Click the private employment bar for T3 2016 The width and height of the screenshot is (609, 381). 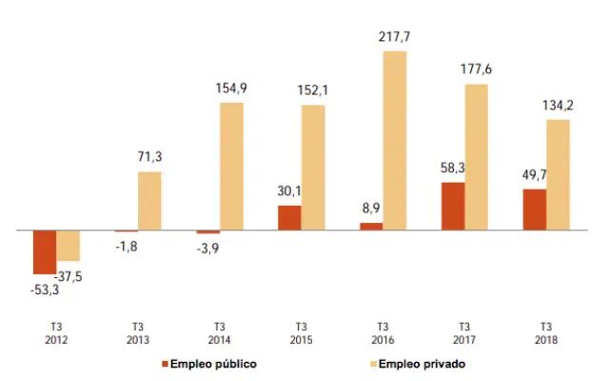point(395,140)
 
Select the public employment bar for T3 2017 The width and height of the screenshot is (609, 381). point(453,206)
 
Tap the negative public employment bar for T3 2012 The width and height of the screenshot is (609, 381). point(45,251)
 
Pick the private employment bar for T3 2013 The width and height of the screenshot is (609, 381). point(149,201)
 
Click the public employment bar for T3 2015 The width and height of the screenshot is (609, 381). point(289,217)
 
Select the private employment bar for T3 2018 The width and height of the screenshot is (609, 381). point(559,174)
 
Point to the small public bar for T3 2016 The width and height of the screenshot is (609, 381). point(371,226)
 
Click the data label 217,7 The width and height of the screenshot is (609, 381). point(394,38)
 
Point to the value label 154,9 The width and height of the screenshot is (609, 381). point(231,89)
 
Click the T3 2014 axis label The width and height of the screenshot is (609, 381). point(220,332)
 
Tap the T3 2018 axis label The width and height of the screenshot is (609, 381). point(546,332)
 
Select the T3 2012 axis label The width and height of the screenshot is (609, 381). point(56,332)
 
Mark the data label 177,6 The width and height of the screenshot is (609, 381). point(476,70)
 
